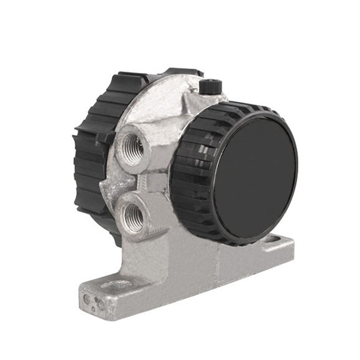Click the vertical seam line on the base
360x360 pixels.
(x=217, y=265)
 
